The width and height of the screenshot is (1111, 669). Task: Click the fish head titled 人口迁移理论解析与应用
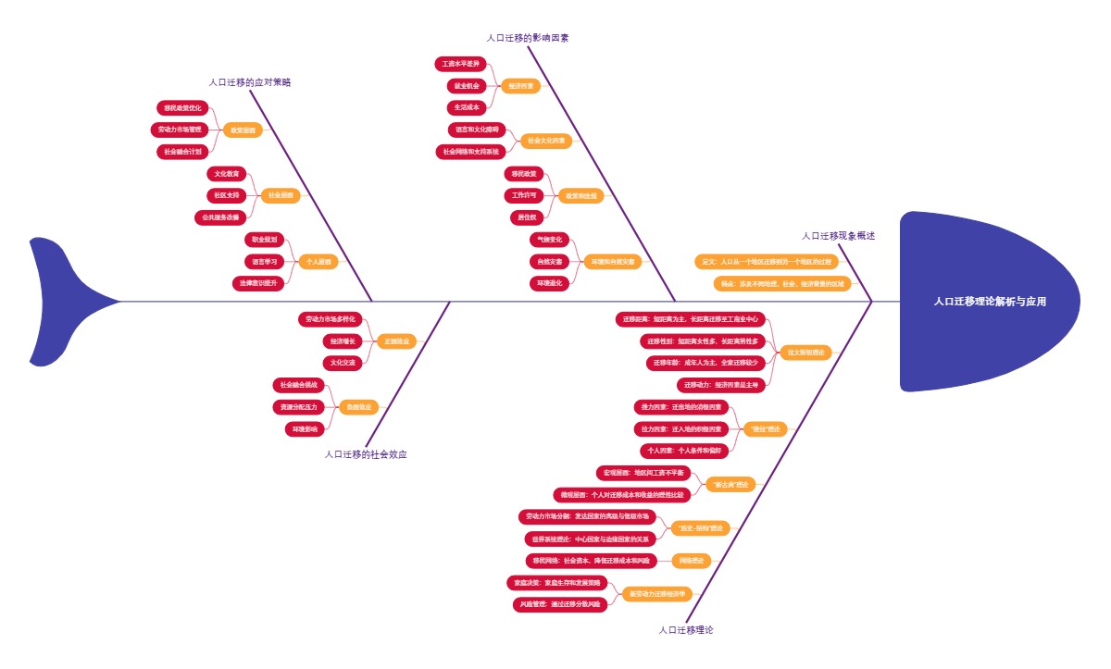990,302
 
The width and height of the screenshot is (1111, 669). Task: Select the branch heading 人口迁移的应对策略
250,82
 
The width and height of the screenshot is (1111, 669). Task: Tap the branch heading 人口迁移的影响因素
528,38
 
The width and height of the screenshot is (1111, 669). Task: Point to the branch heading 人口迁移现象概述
838,236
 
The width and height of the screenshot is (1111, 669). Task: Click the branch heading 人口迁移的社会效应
366,454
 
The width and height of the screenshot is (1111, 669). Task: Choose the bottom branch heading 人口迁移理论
686,630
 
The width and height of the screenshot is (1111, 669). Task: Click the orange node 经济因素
519,86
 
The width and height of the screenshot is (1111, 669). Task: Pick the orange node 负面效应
358,406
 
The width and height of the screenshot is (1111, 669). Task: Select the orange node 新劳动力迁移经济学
656,593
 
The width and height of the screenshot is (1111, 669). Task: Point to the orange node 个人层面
318,262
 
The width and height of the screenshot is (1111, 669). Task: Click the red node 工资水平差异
460,64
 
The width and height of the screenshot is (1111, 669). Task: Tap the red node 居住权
524,217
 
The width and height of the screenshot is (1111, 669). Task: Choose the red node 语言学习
265,262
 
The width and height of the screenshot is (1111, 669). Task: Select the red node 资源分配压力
298,406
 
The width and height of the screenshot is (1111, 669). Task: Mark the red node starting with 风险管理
560,604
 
